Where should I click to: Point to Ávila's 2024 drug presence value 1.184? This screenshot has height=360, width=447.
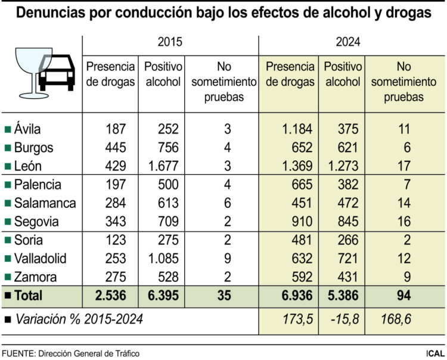(x=294, y=129)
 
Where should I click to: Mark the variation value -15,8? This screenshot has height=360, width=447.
(x=343, y=319)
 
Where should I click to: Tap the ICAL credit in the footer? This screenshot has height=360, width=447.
(x=434, y=353)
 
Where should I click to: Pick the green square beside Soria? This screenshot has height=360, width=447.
(x=7, y=241)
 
